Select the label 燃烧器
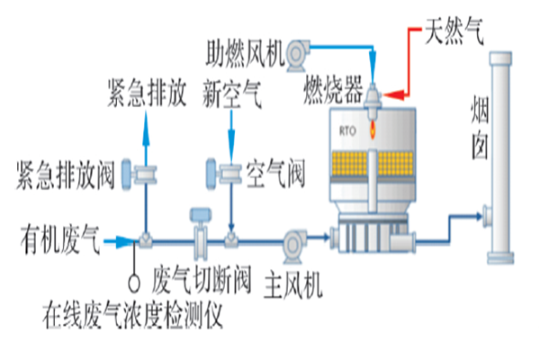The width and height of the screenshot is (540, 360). click(332, 92)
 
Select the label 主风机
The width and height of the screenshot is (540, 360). click(294, 290)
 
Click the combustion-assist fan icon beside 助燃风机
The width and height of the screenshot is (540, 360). click(301, 53)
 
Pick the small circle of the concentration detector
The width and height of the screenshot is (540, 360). click(135, 281)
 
